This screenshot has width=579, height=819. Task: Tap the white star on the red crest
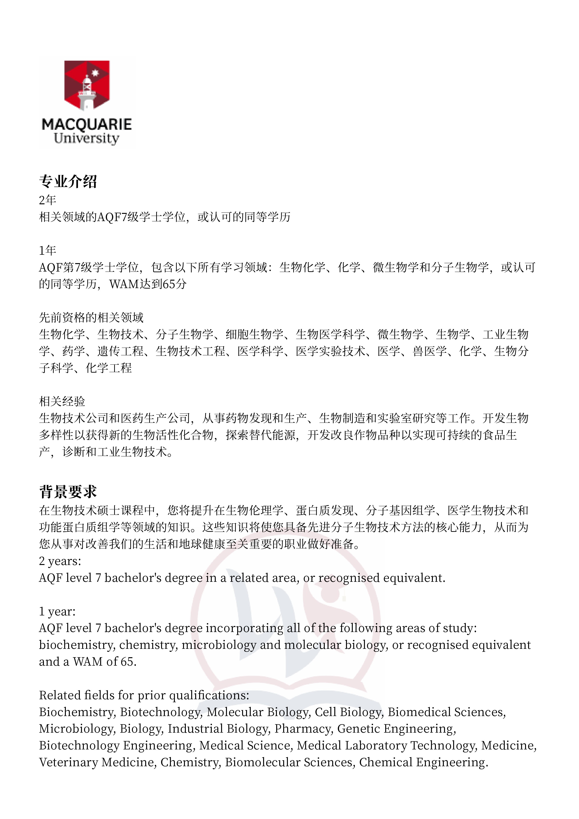point(95,73)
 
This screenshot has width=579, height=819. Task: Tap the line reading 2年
point(47,200)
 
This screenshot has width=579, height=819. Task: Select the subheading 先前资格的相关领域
point(91,318)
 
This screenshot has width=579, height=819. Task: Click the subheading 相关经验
point(62,401)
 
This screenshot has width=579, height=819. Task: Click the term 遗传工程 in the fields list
point(120,351)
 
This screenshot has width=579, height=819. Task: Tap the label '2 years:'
point(60,561)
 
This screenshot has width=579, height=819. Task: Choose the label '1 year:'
point(57,611)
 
